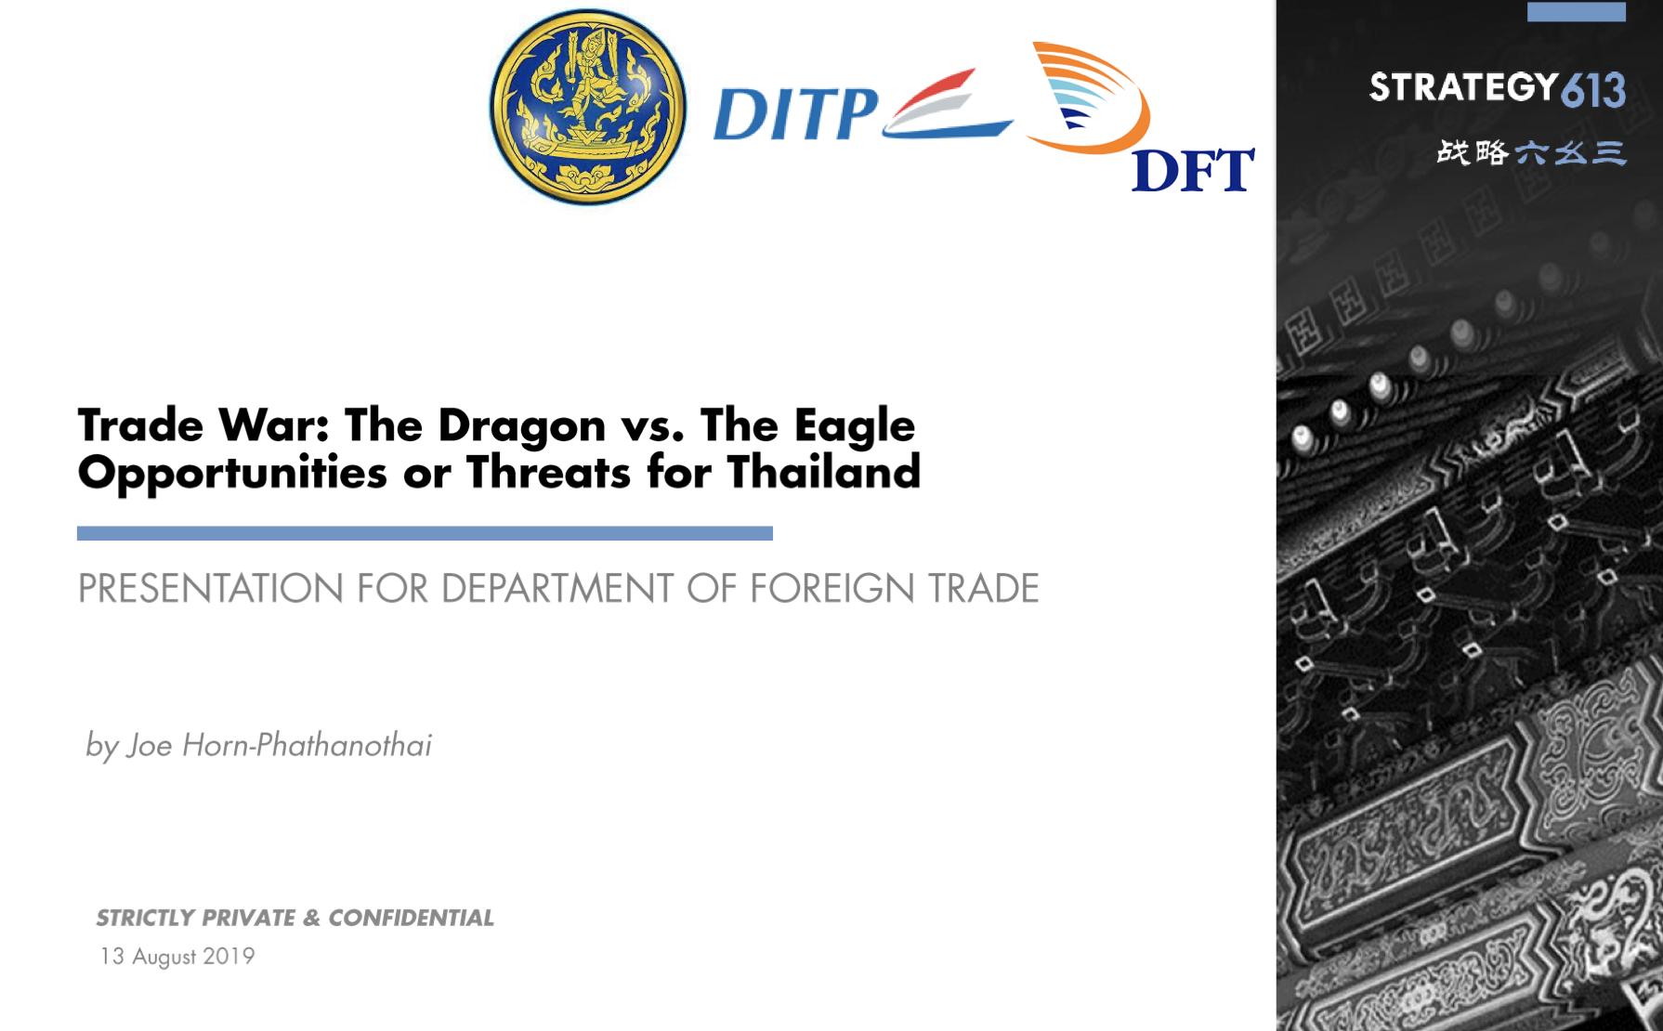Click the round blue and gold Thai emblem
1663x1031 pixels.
[x=588, y=107]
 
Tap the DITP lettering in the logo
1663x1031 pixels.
[x=796, y=114]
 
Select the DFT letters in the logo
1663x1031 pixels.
[x=1193, y=170]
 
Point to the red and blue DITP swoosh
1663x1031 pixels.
[x=948, y=104]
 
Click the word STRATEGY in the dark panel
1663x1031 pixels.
[x=1463, y=87]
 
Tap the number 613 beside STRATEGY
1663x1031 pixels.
[x=1593, y=90]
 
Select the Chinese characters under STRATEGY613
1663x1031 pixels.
[x=1531, y=152]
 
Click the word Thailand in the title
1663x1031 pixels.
[x=824, y=472]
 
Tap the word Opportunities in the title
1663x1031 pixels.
[x=232, y=474]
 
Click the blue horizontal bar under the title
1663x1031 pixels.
[x=425, y=533]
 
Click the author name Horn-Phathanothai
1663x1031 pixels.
[x=307, y=745]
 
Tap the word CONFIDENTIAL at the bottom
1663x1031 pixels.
[x=411, y=918]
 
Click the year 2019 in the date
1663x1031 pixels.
[x=229, y=956]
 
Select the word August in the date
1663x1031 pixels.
[x=164, y=957]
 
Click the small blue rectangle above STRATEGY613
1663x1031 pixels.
[x=1577, y=11]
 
